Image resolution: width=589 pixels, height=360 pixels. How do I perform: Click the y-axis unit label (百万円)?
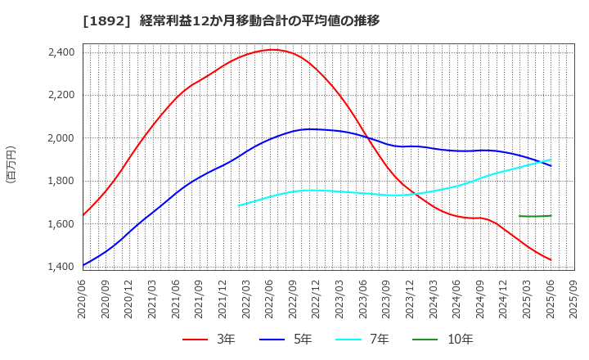coord(11,164)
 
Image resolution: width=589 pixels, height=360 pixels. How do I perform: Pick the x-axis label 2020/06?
coord(83,299)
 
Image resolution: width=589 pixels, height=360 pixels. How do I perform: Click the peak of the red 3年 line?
coord(272,49)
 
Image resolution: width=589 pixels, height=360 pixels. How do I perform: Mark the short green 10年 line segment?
coord(535,216)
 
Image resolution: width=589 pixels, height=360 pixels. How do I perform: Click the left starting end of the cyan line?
coord(239,205)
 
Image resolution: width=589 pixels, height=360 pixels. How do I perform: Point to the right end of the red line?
coord(551,260)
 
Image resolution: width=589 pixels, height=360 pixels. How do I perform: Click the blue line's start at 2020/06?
coord(83,265)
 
